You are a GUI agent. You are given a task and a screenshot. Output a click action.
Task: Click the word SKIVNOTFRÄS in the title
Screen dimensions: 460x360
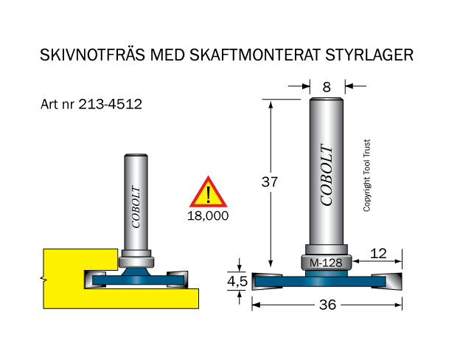pyautogui.click(x=92, y=55)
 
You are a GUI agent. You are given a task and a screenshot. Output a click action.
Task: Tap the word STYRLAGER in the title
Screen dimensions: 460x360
pyautogui.click(x=369, y=55)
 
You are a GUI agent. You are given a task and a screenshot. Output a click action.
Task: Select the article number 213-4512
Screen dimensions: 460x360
pyautogui.click(x=111, y=104)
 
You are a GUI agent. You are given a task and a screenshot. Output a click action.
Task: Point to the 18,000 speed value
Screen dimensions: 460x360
pyautogui.click(x=208, y=216)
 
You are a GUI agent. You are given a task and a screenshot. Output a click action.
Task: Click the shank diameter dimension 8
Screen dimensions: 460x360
pyautogui.click(x=327, y=87)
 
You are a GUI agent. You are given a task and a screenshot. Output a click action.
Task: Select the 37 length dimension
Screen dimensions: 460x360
pyautogui.click(x=270, y=182)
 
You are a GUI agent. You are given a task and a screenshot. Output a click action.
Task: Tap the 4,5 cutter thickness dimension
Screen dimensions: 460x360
pyautogui.click(x=237, y=281)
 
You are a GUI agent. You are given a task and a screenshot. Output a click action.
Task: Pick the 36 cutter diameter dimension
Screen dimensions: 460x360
pyautogui.click(x=327, y=305)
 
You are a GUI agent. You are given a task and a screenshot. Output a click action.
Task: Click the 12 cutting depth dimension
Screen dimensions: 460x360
pyautogui.click(x=378, y=254)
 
